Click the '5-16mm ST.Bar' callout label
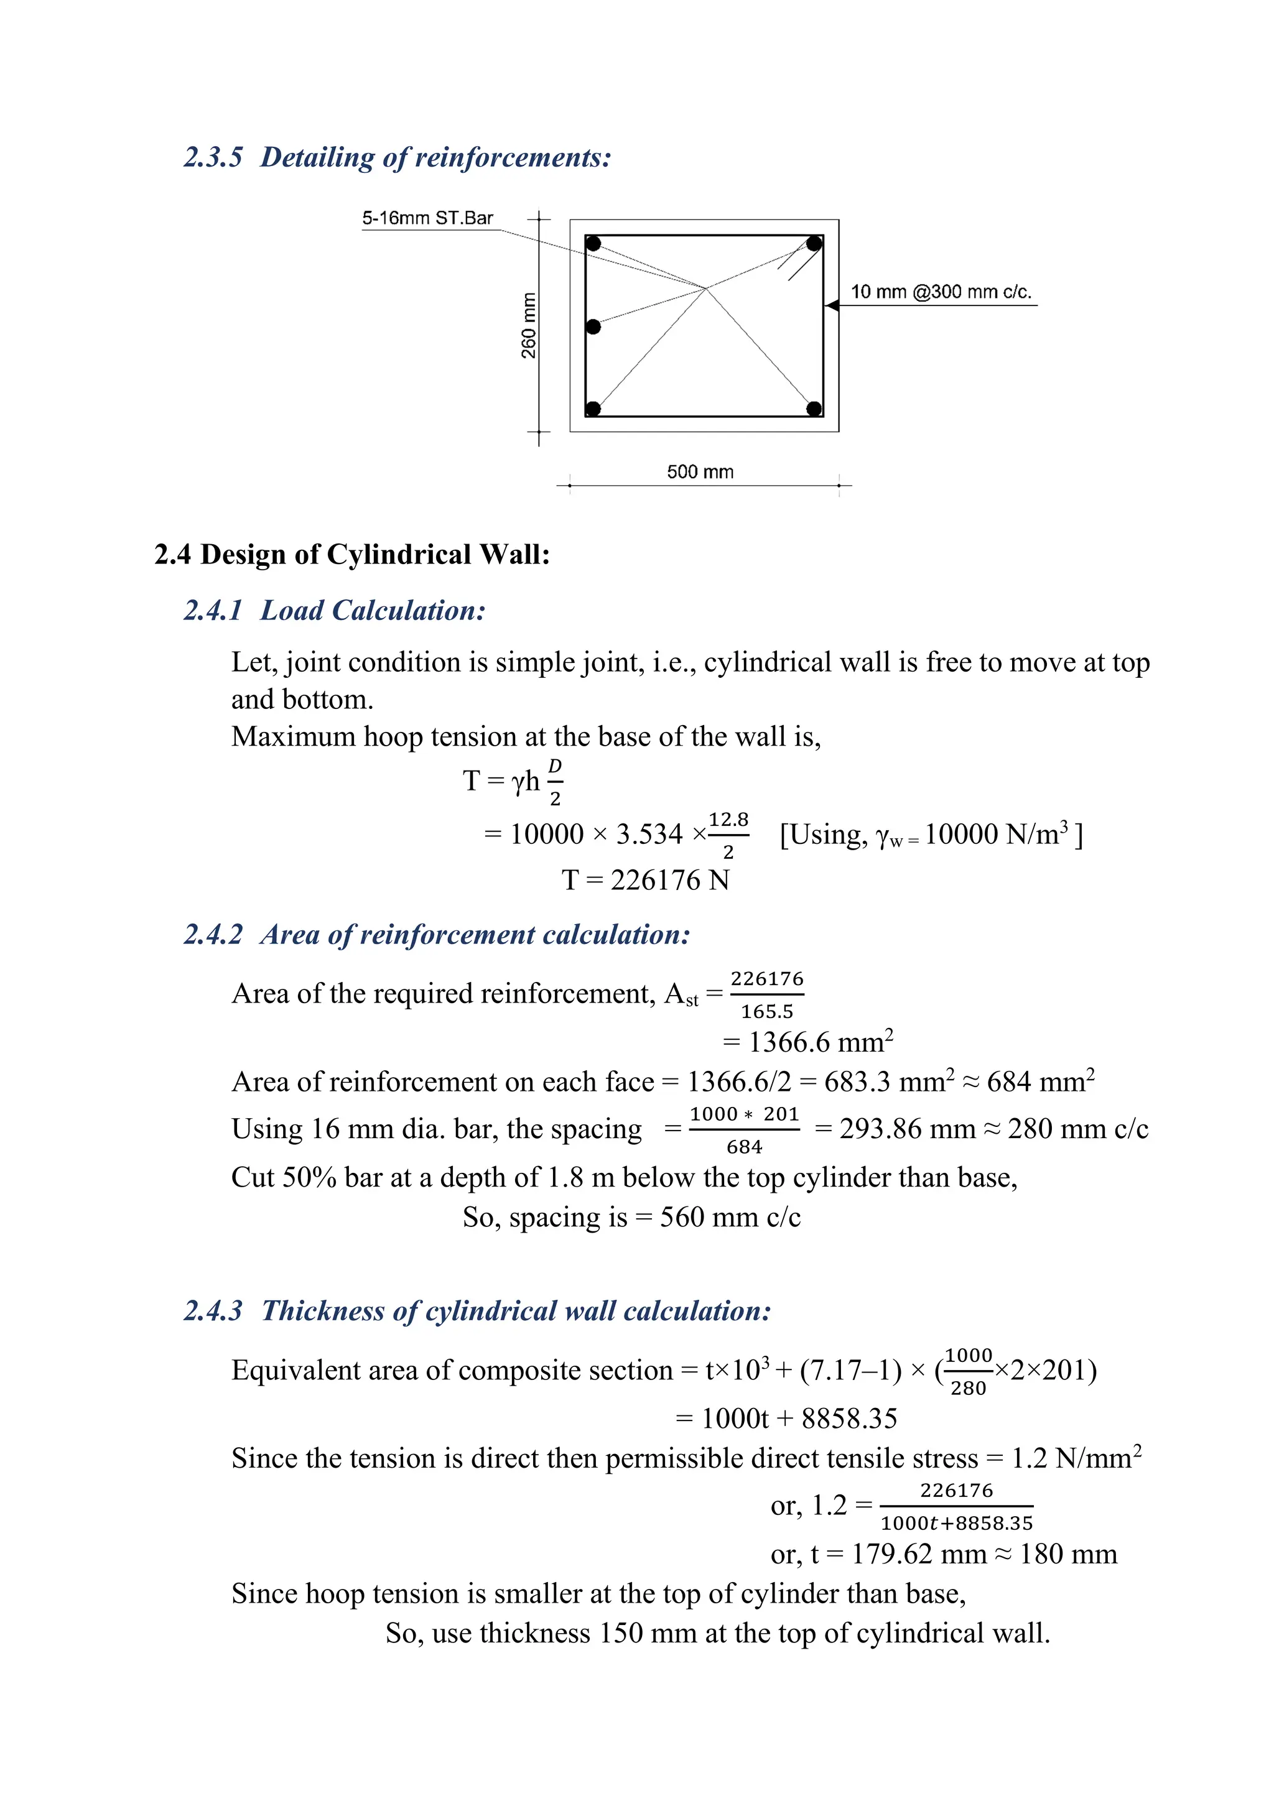tap(427, 218)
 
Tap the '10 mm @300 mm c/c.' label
tap(941, 292)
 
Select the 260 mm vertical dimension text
tap(529, 325)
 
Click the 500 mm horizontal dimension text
tap(700, 471)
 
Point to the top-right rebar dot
tap(814, 244)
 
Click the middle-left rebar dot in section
tap(593, 326)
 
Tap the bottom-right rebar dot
tap(814, 408)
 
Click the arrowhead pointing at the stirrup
tap(833, 305)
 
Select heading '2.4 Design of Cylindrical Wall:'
tap(352, 553)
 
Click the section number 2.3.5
tap(213, 157)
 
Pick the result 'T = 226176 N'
tap(645, 880)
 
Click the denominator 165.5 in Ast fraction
tap(766, 1012)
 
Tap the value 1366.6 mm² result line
tap(808, 1042)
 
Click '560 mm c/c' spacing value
tap(730, 1216)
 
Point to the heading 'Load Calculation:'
tap(373, 610)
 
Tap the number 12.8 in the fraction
tap(728, 820)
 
